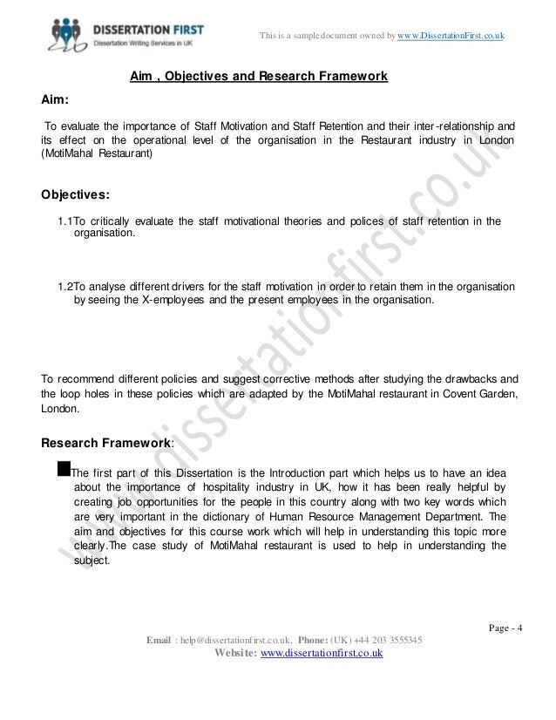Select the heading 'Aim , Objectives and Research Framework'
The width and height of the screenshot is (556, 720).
pos(258,78)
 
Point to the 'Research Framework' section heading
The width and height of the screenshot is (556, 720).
pos(107,443)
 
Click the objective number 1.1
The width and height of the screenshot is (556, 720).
pos(65,221)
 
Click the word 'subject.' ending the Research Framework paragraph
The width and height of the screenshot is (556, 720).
pos(92,562)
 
